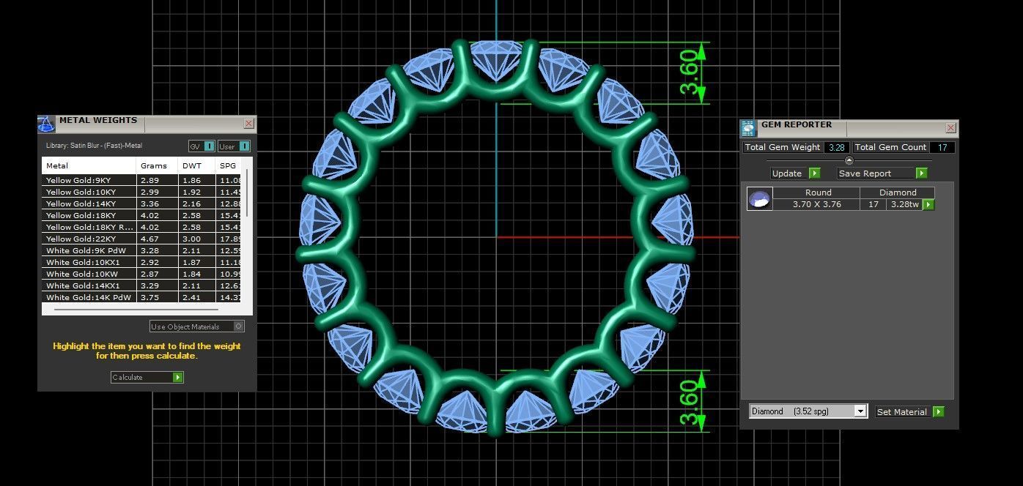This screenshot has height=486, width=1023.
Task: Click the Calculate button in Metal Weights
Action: tap(147, 378)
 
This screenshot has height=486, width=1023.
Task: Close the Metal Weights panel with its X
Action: tap(248, 124)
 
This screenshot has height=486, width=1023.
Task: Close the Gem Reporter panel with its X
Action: tap(950, 128)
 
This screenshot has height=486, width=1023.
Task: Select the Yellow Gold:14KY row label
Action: tap(81, 203)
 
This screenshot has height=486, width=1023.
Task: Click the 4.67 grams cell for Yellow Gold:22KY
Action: tap(149, 239)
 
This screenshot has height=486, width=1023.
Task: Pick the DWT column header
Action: tap(191, 165)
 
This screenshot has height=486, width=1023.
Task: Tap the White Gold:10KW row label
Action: tap(81, 274)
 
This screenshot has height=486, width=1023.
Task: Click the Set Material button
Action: tap(909, 412)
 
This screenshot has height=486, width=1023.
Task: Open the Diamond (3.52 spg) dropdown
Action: tap(808, 411)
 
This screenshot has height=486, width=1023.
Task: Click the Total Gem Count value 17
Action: tap(942, 147)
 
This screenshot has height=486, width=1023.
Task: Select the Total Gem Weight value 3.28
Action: tap(835, 147)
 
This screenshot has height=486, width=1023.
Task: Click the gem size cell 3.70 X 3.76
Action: tap(817, 204)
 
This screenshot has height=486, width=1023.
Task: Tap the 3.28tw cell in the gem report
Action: tap(903, 204)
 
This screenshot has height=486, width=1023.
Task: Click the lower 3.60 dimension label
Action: tap(693, 402)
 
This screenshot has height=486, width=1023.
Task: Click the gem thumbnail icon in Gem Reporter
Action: tap(760, 198)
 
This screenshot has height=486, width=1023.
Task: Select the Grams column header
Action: tap(154, 165)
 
